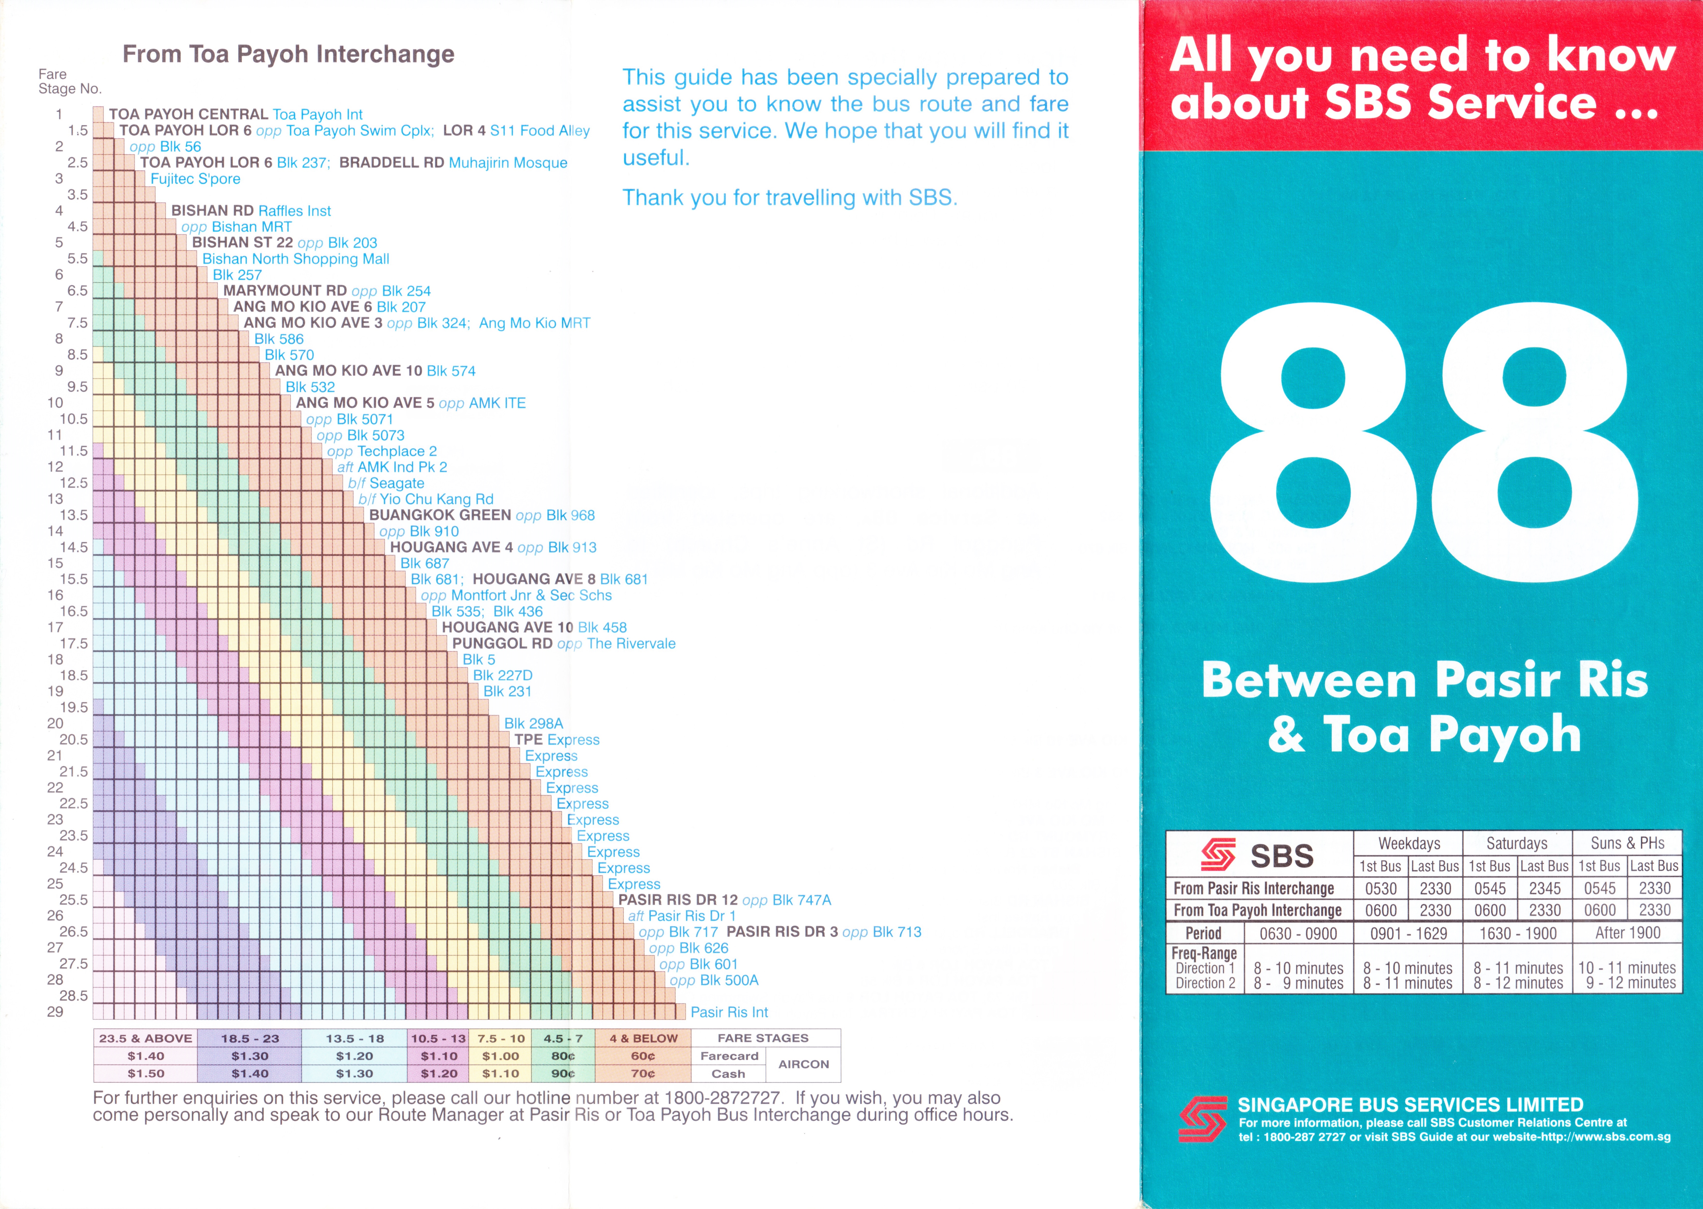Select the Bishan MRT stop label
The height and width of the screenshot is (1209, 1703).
[237, 227]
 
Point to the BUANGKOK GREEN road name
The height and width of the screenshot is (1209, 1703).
[440, 515]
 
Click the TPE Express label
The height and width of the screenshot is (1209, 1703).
[557, 740]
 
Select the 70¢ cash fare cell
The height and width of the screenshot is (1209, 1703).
[643, 1074]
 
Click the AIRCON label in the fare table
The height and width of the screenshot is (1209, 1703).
[803, 1064]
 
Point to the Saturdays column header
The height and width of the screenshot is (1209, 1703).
[1516, 844]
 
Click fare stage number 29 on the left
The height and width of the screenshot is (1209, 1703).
[55, 1012]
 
